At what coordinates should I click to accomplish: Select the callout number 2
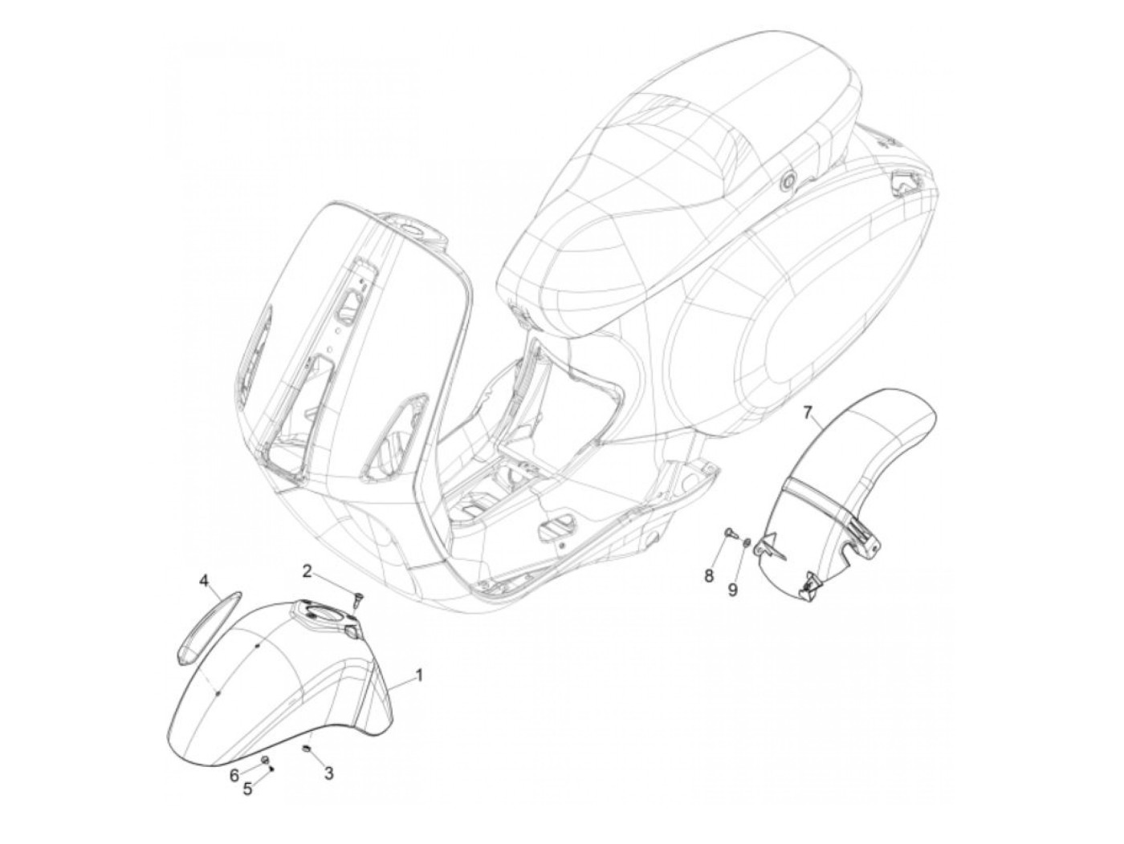[307, 570]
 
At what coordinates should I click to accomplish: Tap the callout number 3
[328, 773]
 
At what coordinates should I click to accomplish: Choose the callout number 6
[234, 775]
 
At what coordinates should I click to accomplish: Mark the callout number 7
[809, 413]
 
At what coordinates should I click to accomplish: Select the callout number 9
[732, 589]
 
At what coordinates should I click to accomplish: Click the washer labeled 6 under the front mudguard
[265, 758]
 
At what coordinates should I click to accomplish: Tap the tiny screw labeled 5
[272, 768]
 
